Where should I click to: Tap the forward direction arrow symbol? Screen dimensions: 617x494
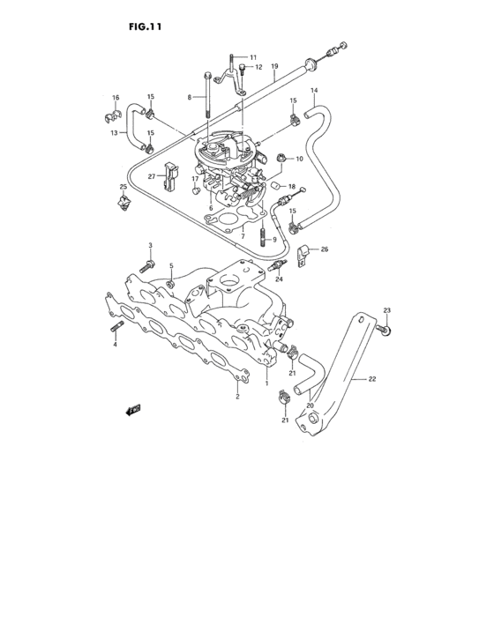pyautogui.click(x=133, y=410)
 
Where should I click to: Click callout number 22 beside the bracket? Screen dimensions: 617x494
pyautogui.click(x=372, y=378)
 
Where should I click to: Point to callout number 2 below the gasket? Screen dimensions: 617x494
pyautogui.click(x=236, y=398)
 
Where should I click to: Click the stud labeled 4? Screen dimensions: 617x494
pyautogui.click(x=116, y=330)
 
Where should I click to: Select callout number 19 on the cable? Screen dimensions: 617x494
pyautogui.click(x=274, y=67)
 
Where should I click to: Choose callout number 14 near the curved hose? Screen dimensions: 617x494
pyautogui.click(x=313, y=90)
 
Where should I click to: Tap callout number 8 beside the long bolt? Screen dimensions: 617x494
pyautogui.click(x=189, y=97)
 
